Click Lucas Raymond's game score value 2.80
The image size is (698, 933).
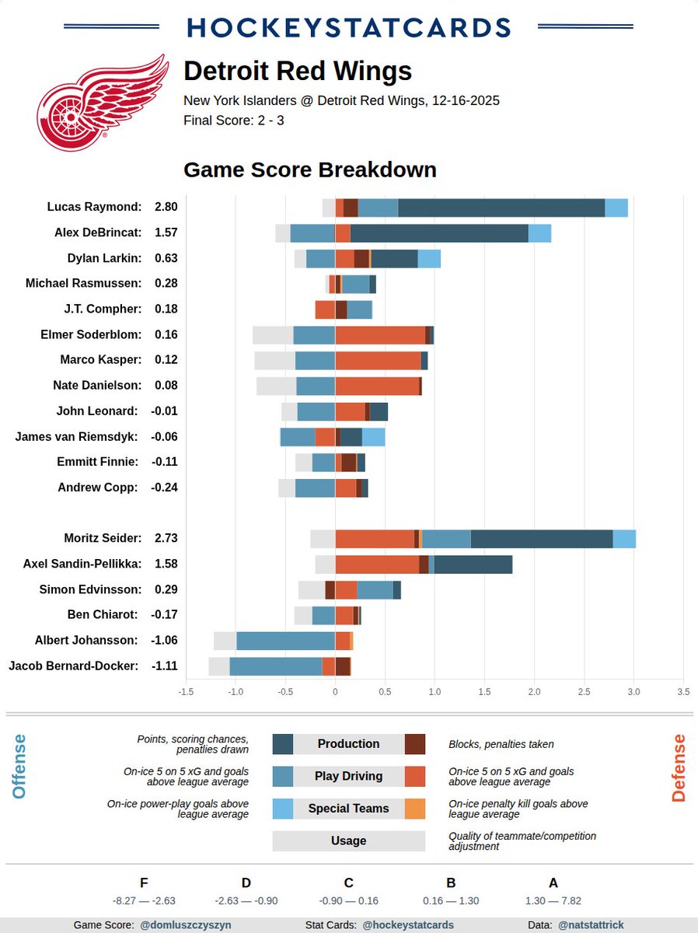(166, 207)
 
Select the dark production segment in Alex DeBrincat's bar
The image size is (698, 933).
(439, 232)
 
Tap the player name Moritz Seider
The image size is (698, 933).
(103, 538)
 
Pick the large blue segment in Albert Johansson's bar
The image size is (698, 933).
(285, 641)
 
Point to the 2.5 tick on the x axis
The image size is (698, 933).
(585, 691)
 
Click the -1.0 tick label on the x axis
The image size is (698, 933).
(235, 691)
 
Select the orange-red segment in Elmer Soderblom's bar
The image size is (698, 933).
(380, 334)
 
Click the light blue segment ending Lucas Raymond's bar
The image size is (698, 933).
(616, 207)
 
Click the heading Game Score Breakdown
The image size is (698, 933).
(309, 169)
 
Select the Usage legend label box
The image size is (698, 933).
(348, 840)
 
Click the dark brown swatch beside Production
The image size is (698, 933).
(415, 744)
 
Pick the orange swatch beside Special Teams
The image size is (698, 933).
(415, 809)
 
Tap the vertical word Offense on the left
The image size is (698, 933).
(19, 767)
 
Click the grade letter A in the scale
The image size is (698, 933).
(553, 882)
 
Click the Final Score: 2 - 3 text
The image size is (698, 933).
(233, 121)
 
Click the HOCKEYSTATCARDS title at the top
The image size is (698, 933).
(348, 27)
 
